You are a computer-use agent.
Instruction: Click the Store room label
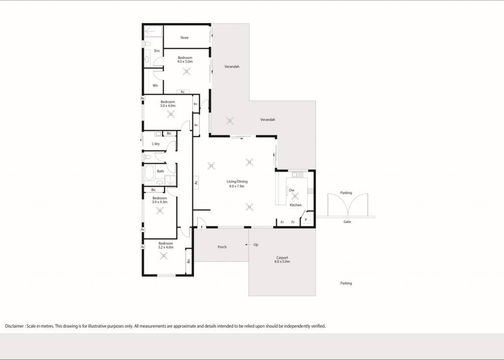point(185,37)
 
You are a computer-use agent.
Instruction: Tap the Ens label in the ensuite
point(157,51)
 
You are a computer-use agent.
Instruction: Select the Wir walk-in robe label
point(155,86)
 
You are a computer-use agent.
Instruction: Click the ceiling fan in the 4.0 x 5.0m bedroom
point(187,71)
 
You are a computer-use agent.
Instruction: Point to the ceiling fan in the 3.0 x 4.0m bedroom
point(171,114)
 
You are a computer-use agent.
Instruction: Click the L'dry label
point(156,144)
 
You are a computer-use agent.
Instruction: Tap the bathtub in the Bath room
point(149,173)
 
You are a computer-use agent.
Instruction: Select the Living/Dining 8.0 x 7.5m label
point(237,184)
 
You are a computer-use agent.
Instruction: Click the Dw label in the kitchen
point(292,190)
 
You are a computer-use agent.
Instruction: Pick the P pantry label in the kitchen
point(306,220)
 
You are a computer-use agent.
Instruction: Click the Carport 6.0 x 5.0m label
point(282,260)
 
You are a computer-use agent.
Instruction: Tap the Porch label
point(222,247)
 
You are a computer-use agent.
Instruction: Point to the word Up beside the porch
point(256,245)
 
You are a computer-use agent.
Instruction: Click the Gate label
point(347,222)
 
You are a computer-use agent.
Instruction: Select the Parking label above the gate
point(346,193)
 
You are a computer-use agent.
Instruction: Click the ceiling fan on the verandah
point(229,121)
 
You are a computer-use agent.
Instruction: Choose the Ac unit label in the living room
point(196,183)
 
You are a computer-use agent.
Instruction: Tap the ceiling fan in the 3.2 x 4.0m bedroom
point(163,256)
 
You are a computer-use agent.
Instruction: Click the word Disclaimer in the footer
point(14,326)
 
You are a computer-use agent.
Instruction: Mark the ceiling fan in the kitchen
point(295,196)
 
